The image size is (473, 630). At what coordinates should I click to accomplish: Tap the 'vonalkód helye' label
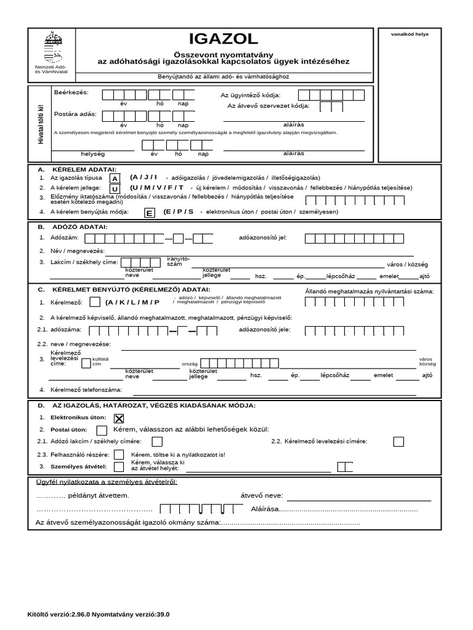click(x=410, y=34)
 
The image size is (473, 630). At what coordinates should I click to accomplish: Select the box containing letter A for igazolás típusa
click(x=115, y=178)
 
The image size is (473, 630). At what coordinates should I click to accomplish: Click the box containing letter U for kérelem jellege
click(x=115, y=188)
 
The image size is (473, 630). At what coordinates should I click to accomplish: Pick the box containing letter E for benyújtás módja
click(x=148, y=213)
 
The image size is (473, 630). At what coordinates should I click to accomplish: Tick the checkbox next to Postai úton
click(x=102, y=430)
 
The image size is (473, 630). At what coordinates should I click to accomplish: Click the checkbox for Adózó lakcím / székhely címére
click(x=157, y=441)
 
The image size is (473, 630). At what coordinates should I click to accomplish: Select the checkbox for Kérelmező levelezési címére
click(x=399, y=441)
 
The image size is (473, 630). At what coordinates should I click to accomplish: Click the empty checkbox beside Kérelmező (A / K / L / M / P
click(x=95, y=302)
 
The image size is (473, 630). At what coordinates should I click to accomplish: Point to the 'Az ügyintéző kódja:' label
click(x=250, y=95)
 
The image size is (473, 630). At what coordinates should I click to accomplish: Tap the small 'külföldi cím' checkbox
click(x=86, y=361)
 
